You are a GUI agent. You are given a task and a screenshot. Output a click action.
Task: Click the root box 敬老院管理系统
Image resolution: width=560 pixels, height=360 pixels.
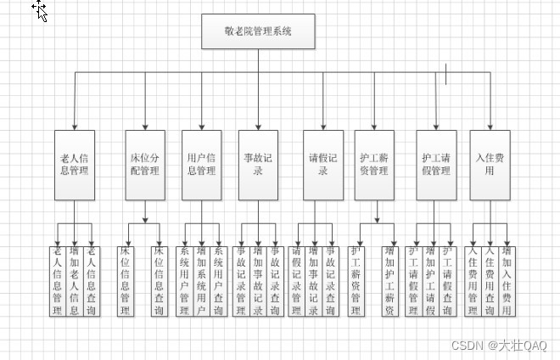click(x=258, y=31)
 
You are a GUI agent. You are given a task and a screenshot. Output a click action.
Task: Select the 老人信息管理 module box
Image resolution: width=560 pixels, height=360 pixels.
click(x=75, y=165)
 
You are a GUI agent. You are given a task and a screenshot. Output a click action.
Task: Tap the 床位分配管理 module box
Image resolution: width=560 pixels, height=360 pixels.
click(x=143, y=165)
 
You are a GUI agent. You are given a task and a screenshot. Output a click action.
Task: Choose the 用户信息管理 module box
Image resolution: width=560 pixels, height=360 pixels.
click(x=201, y=165)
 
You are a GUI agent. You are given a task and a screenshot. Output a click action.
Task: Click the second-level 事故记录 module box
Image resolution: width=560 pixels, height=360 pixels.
click(x=258, y=165)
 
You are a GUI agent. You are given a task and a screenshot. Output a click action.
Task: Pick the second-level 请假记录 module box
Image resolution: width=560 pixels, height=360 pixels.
click(x=323, y=165)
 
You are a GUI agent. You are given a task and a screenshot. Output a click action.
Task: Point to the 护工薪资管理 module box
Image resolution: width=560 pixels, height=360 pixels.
click(x=373, y=165)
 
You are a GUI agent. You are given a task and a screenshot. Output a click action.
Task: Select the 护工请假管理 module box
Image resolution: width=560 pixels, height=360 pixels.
click(x=436, y=165)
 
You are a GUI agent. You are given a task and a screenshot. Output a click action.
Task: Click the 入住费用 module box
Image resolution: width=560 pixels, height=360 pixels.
click(x=490, y=165)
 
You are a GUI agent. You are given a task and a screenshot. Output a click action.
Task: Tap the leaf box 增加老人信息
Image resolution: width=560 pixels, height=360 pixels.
click(x=75, y=281)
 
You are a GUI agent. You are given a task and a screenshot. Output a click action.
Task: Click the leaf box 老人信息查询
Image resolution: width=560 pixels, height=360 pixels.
click(x=92, y=281)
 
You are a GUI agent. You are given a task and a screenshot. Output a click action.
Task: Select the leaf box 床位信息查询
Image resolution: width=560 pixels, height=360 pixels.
click(x=159, y=281)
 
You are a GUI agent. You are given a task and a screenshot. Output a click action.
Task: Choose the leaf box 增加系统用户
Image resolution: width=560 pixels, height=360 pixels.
click(x=201, y=281)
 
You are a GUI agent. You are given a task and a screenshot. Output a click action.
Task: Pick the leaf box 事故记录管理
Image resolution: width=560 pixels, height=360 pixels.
click(x=242, y=281)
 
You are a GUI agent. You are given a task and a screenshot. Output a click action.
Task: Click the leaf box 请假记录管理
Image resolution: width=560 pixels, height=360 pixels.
click(x=296, y=281)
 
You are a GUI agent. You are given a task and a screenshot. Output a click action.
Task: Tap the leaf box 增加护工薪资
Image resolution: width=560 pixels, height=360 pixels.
click(x=390, y=281)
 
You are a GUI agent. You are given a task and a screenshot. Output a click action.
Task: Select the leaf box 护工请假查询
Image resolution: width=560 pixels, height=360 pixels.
click(x=447, y=281)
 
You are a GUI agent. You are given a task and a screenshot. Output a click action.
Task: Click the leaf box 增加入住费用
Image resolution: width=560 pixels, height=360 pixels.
click(x=507, y=281)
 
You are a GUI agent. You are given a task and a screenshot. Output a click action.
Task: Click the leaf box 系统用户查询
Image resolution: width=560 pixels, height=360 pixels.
click(x=218, y=281)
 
